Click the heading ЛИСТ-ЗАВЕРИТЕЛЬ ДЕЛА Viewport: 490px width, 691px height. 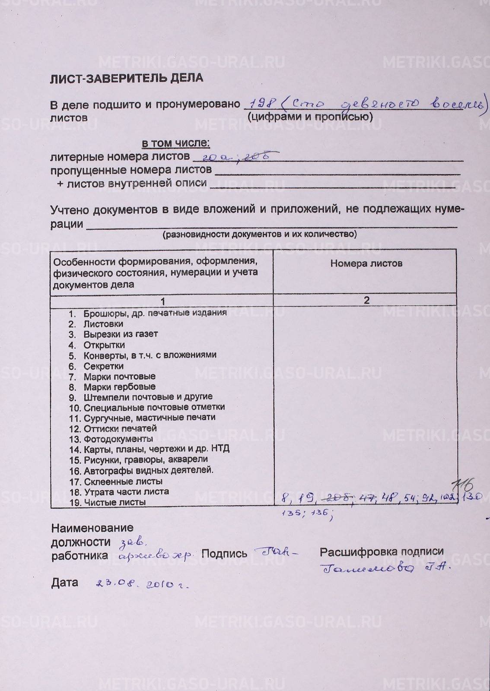[126, 78]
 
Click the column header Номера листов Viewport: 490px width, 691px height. [366, 263]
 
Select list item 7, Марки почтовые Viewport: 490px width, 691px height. [119, 377]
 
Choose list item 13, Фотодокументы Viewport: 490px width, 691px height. [118, 439]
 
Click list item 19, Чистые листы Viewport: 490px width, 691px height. [114, 502]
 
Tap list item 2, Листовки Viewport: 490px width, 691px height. [103, 324]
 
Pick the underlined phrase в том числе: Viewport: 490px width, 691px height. [176, 143]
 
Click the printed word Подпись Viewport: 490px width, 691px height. [224, 554]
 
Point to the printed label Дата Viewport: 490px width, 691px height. [65, 583]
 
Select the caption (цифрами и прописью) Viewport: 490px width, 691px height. [310, 117]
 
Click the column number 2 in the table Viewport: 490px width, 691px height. [366, 301]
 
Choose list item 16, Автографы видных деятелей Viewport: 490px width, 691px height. [148, 470]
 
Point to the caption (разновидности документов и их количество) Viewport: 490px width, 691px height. [259, 235]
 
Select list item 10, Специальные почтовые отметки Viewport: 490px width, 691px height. [154, 407]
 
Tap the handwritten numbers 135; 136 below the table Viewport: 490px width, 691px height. [307, 513]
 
